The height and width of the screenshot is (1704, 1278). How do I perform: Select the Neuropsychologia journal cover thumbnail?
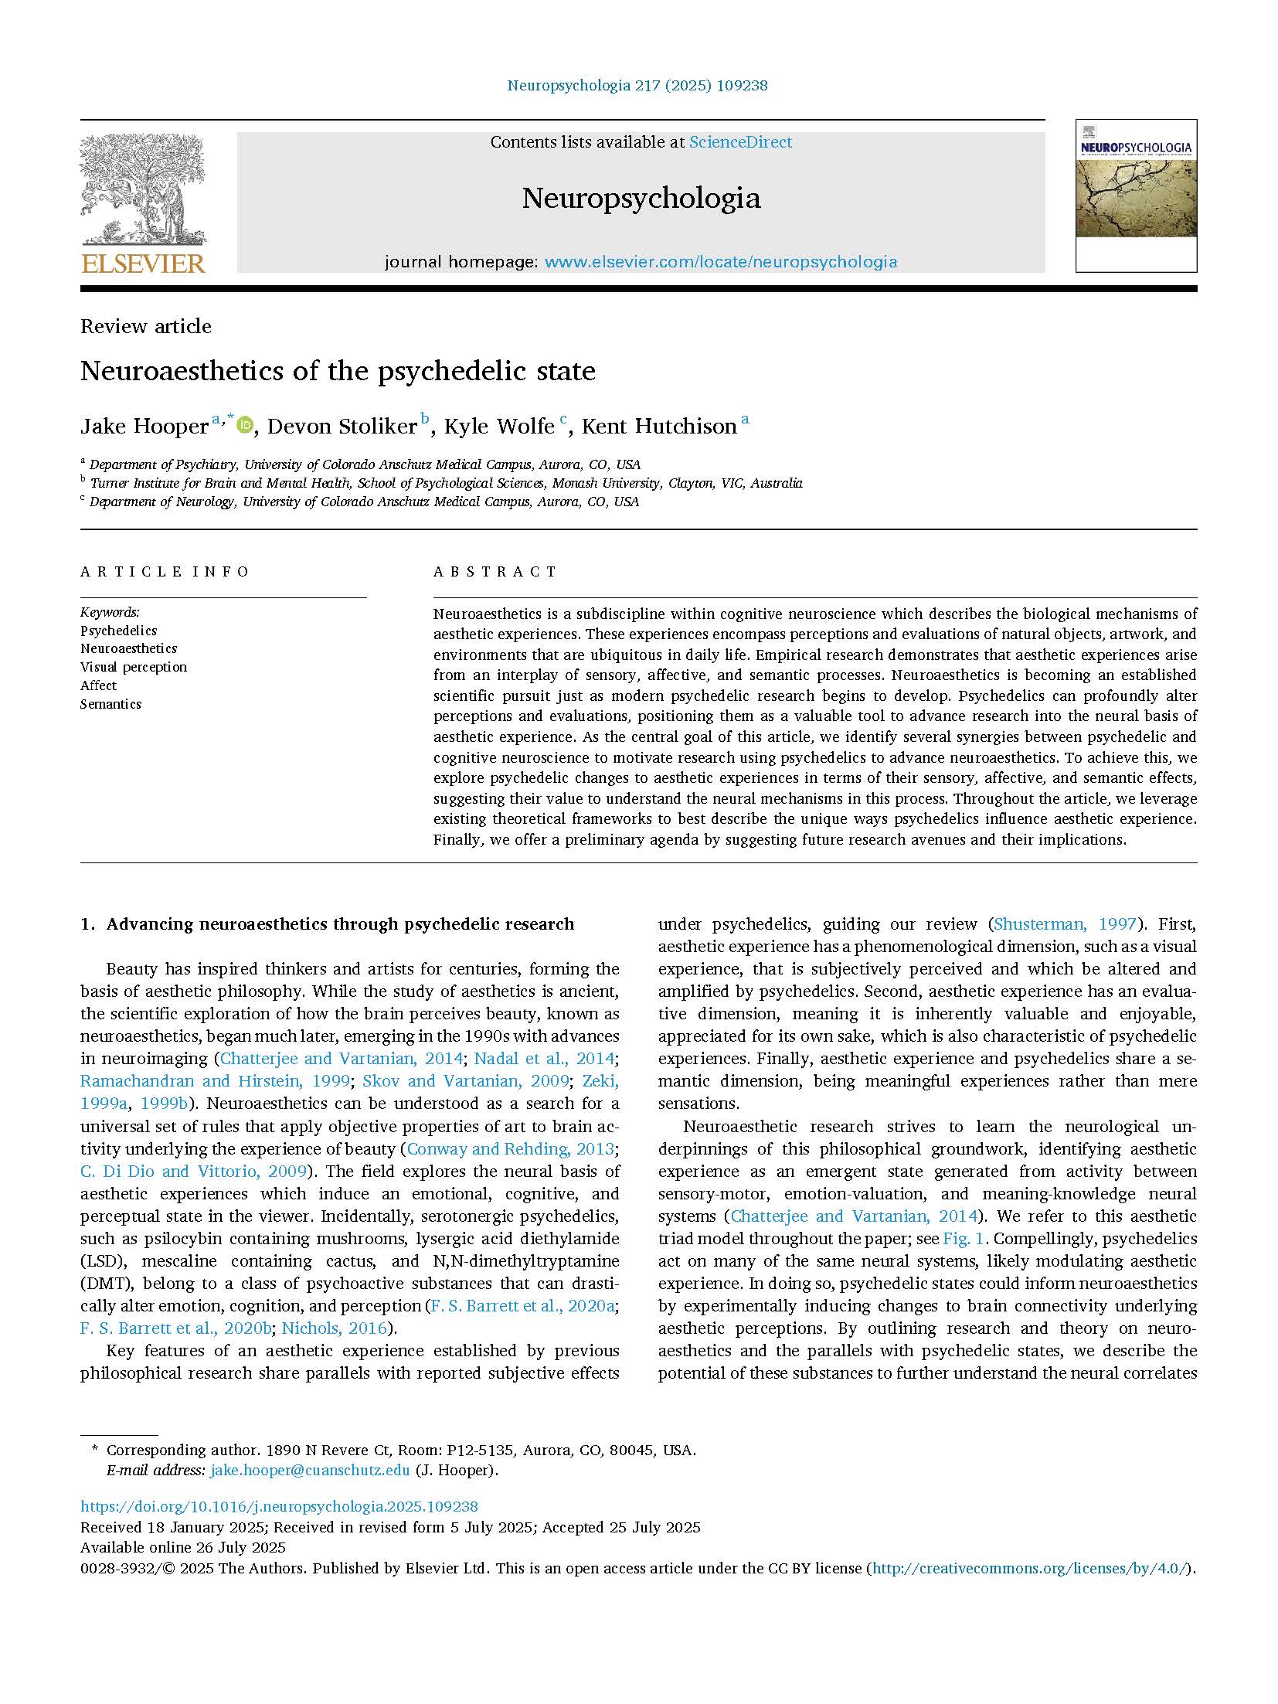point(1136,195)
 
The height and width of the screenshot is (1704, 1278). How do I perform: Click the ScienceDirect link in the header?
point(740,142)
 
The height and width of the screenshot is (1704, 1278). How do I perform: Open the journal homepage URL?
point(721,262)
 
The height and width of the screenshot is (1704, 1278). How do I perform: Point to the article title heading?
point(338,371)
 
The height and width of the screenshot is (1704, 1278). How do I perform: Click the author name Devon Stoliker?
point(342,427)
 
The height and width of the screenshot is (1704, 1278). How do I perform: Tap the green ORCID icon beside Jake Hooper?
point(245,424)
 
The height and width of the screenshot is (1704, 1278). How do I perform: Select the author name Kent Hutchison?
point(658,427)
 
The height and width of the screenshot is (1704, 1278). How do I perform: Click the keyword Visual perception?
point(134,667)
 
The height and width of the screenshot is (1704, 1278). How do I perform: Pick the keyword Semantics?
point(110,704)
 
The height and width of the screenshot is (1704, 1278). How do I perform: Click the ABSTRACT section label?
point(495,572)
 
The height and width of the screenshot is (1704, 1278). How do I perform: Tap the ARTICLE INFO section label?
point(165,572)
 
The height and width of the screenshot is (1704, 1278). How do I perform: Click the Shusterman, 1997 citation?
point(1065,923)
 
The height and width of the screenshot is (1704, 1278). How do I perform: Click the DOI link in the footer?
point(279,1506)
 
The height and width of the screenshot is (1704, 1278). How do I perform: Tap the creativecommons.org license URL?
point(1031,1568)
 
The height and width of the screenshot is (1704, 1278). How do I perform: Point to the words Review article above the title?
point(146,326)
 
